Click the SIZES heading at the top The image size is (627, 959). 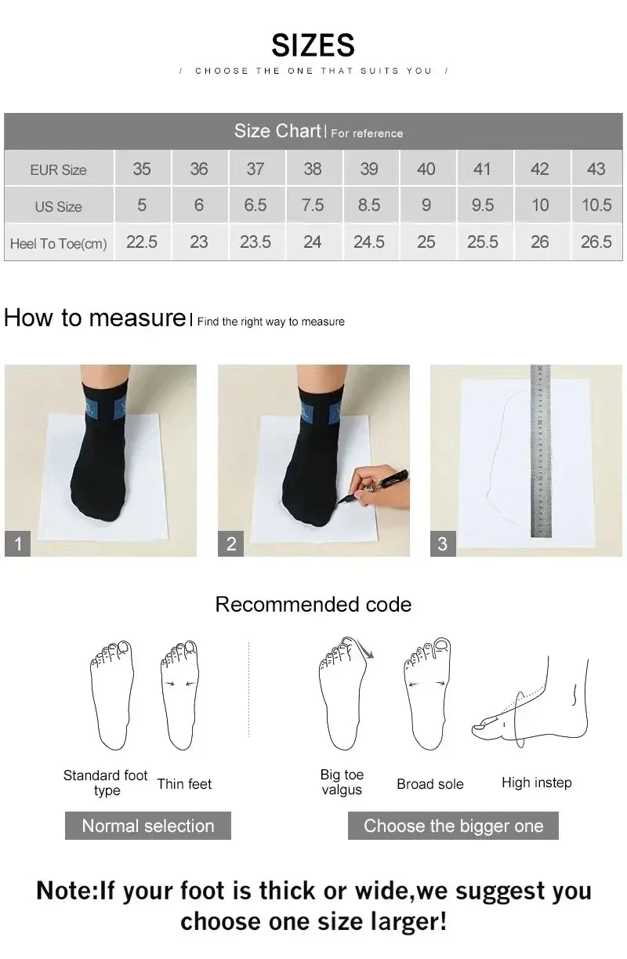(313, 45)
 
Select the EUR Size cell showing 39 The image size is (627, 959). (369, 169)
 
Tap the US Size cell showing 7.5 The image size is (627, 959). (312, 205)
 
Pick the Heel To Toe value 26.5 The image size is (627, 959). (596, 242)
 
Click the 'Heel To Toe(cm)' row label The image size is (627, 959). (59, 243)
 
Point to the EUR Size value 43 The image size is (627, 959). (596, 169)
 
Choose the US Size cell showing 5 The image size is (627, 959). (142, 205)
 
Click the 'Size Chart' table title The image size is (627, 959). (277, 131)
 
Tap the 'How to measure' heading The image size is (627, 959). (94, 318)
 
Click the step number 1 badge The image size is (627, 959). (18, 543)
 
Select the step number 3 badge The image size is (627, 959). (443, 543)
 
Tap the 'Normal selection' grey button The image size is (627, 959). (148, 826)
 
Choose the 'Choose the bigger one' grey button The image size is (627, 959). (453, 826)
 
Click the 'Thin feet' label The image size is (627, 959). (184, 783)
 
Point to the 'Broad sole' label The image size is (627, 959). (429, 783)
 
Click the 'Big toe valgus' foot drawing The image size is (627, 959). (342, 694)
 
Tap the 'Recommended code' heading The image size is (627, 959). (313, 605)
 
